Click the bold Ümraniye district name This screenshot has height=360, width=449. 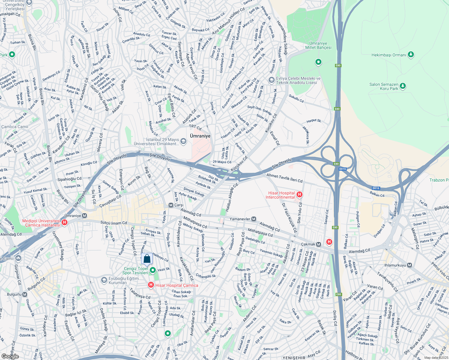(200, 136)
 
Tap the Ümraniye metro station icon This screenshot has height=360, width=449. (85, 216)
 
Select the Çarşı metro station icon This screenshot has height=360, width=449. (171, 205)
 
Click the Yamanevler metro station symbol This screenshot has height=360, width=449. (254, 219)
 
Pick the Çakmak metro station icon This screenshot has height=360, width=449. (318, 244)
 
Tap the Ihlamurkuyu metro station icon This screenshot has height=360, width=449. (410, 265)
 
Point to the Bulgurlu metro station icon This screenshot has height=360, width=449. (25, 294)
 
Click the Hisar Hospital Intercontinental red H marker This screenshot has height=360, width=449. (299, 195)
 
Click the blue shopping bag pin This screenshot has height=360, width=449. (147, 259)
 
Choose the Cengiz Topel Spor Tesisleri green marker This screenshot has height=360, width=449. (153, 271)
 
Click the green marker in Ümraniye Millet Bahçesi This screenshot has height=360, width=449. (318, 62)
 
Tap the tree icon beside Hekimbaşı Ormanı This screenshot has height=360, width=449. (411, 55)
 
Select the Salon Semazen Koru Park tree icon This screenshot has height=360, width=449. (403, 86)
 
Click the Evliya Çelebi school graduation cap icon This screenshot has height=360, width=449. (271, 80)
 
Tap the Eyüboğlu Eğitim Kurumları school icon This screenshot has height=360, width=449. (104, 280)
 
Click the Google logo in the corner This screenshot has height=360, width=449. (10, 356)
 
